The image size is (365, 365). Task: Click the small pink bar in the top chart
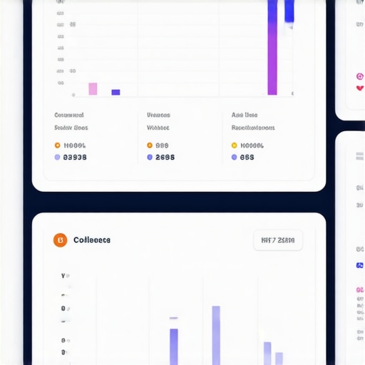point(93,88)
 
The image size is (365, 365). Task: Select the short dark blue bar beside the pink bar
point(115,92)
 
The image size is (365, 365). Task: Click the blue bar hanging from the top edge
point(289,11)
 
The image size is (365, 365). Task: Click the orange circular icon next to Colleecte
point(60,240)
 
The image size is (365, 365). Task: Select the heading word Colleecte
point(92,240)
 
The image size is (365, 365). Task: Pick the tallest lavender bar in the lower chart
point(216,335)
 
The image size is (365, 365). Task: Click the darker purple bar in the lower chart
point(174,346)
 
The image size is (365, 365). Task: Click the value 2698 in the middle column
point(165,158)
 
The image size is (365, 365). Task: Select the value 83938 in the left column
point(75,158)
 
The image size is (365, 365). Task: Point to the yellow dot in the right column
point(234,145)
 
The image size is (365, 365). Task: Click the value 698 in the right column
point(247,158)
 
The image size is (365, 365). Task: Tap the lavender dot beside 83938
point(57,158)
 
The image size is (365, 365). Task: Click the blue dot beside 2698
point(150,158)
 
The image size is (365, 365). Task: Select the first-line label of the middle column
point(158,115)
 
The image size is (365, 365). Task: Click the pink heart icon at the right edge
point(359,88)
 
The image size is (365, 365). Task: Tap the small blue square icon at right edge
point(359,265)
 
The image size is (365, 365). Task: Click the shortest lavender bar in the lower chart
point(279,358)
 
